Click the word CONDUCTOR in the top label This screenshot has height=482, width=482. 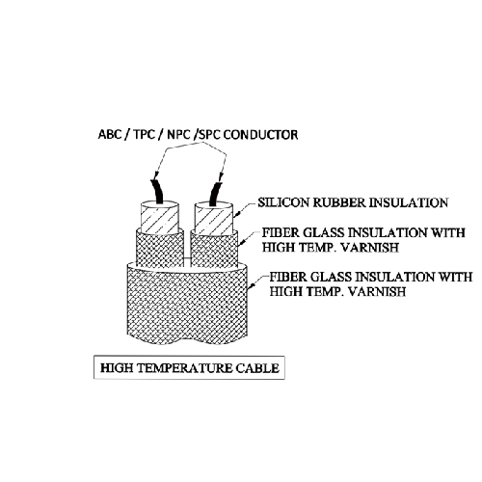click(x=260, y=134)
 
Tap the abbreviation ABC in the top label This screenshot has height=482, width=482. click(x=110, y=134)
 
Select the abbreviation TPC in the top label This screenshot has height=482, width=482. click(x=145, y=134)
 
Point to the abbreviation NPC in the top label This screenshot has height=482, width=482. click(x=179, y=134)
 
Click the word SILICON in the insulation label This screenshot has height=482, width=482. click(x=284, y=202)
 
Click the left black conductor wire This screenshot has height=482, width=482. click(x=157, y=192)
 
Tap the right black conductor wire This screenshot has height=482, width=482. click(x=215, y=193)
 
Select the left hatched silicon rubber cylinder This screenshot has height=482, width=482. click(x=159, y=218)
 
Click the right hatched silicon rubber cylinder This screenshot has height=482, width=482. click(x=213, y=219)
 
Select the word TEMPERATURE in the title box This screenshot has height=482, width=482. click(x=185, y=368)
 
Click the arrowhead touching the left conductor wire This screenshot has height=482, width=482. click(x=155, y=176)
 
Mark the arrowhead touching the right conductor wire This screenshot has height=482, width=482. click(x=221, y=177)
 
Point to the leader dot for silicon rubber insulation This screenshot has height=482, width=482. click(x=238, y=213)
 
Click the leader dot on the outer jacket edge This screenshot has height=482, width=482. click(x=253, y=285)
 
